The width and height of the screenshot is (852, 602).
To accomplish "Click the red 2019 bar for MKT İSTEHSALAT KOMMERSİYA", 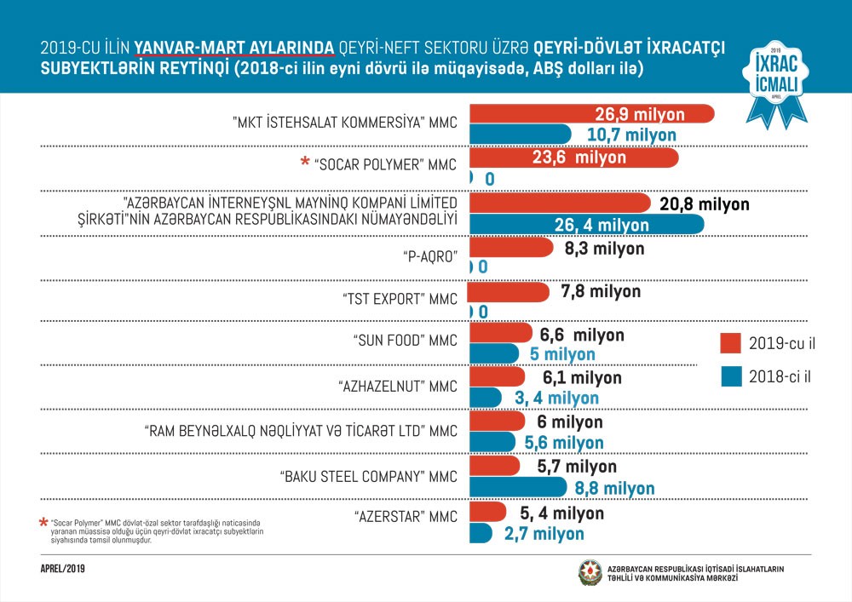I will tap(588, 114).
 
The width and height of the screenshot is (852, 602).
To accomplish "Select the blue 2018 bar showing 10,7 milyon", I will tap(520, 135).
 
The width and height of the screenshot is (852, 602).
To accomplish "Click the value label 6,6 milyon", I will tap(582, 335).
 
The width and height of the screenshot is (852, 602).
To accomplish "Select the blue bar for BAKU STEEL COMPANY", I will tap(516, 488).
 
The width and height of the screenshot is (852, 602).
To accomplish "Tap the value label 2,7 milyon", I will tap(544, 534).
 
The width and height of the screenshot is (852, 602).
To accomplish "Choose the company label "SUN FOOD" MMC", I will tap(405, 341).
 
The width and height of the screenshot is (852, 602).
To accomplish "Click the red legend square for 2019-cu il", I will tap(730, 343).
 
